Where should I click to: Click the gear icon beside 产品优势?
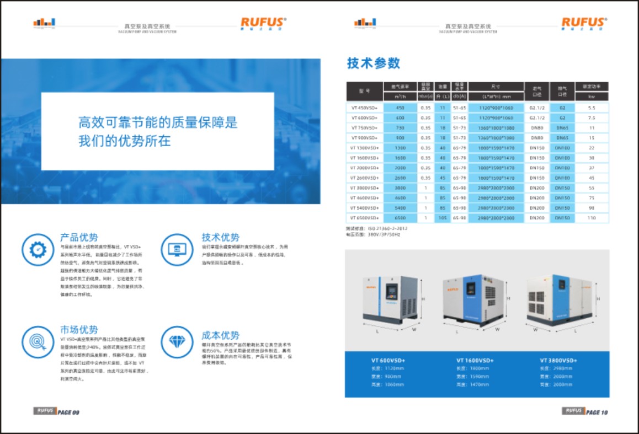pos(38,249)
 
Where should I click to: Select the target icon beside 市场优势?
pos(38,341)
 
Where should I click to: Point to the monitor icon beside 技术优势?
pos(177,249)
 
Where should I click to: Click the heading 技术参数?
pos(374,63)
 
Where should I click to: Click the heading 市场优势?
pos(79,330)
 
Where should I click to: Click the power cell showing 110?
pos(592,218)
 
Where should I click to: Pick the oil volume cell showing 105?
pos(443,218)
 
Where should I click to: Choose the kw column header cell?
pos(592,97)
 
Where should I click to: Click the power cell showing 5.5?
pos(592,108)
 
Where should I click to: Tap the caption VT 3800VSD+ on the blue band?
pos(558,360)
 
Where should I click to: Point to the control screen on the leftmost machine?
pos(392,291)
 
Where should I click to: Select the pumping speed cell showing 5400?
pos(400,208)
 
